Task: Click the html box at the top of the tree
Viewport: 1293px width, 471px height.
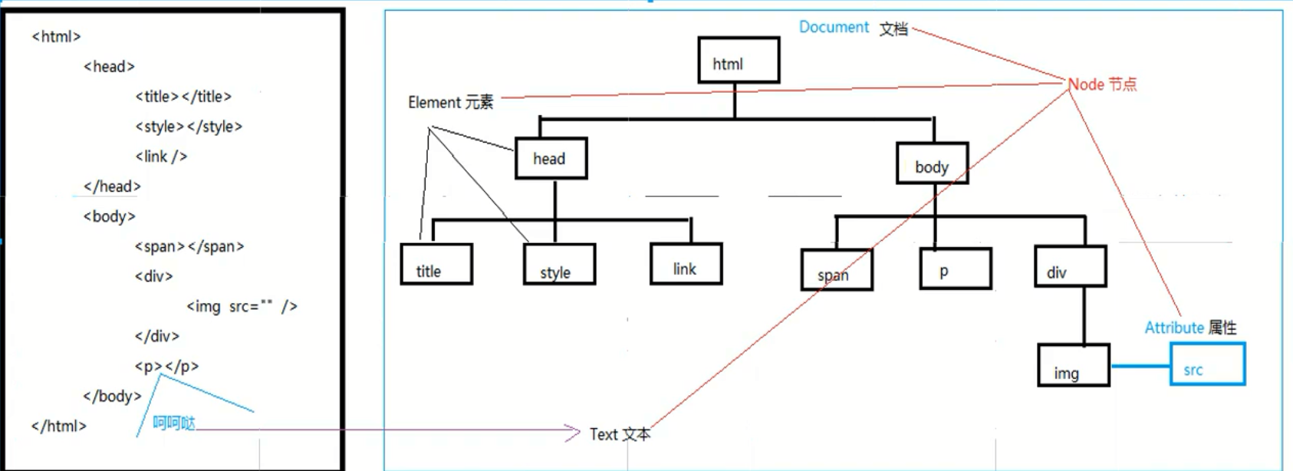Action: [x=739, y=60]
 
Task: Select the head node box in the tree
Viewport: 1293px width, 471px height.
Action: [x=551, y=158]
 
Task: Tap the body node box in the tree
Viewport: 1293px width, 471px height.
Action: [x=932, y=163]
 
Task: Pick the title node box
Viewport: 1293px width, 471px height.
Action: [x=436, y=265]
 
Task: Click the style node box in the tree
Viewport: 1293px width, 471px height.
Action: [x=559, y=265]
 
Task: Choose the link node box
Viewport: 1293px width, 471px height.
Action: [x=686, y=264]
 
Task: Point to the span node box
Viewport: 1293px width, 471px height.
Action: [x=837, y=269]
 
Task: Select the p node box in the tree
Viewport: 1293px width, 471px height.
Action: [x=956, y=268]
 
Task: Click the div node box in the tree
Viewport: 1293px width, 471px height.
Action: [x=1070, y=266]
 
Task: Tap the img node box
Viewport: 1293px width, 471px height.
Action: [x=1074, y=365]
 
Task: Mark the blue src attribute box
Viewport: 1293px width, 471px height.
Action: [x=1207, y=364]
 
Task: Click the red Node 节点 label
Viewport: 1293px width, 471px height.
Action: [x=1103, y=84]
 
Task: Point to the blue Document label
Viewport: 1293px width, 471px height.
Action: [x=834, y=28]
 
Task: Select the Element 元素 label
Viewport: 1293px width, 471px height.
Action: [x=450, y=103]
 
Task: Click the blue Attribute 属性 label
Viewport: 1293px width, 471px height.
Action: [x=1190, y=328]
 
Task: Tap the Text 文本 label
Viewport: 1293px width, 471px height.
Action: [x=620, y=435]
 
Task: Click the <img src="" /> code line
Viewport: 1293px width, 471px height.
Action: [x=242, y=307]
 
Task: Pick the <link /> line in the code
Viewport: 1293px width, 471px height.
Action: [x=161, y=156]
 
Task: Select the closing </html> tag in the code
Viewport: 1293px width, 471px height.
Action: [x=59, y=427]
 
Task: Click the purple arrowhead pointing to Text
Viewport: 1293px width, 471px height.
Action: [x=574, y=433]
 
